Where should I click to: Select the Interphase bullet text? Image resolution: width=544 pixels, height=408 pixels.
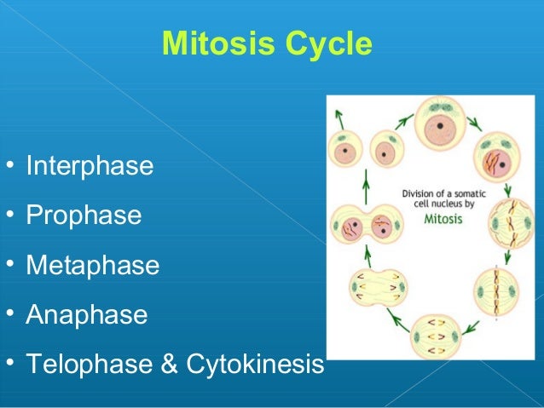pos(90,165)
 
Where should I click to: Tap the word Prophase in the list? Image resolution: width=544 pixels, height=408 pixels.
pos(84,215)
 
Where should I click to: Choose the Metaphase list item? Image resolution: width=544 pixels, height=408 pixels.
pos(92,265)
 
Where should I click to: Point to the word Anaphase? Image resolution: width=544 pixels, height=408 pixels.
pos(86,315)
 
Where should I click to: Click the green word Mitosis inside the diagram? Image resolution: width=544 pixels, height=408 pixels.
pos(446,218)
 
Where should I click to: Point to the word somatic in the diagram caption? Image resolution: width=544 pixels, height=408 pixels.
pos(466,193)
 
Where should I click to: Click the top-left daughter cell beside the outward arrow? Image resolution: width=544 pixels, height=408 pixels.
pos(349,152)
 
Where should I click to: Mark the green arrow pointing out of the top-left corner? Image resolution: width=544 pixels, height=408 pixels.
pos(340,117)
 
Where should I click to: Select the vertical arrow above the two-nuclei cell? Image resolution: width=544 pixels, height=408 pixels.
pos(367,184)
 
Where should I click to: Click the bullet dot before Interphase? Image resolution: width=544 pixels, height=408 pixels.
pos(8,164)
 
